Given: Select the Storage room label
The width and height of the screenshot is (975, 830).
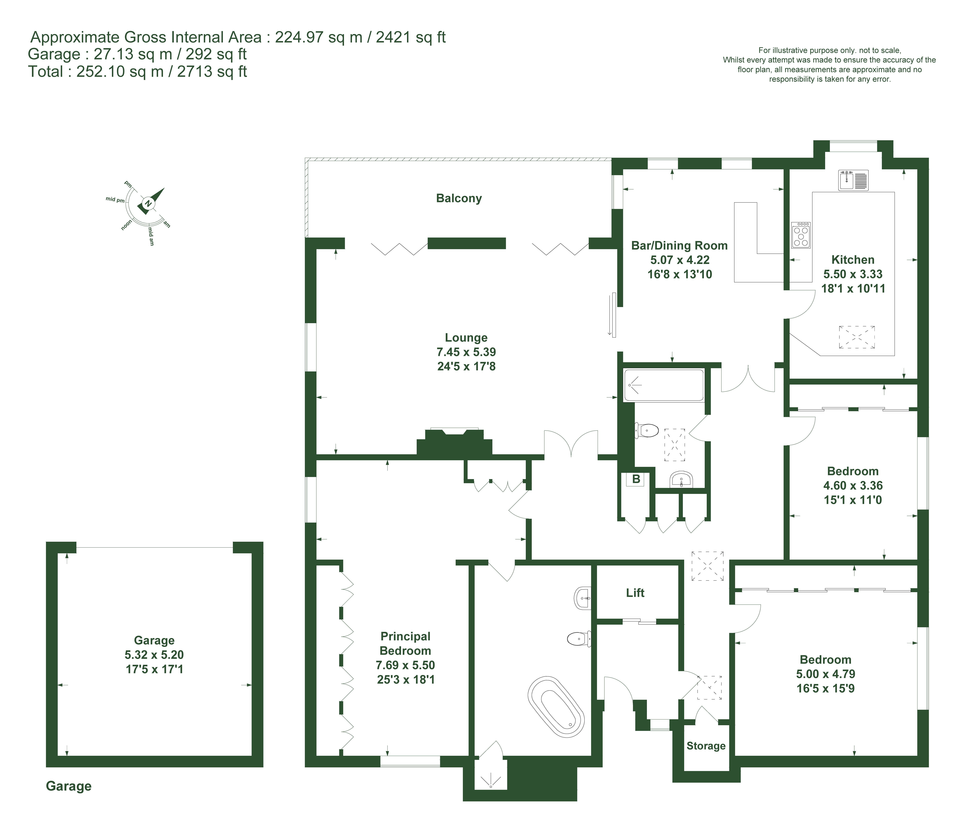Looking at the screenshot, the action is tap(706, 746).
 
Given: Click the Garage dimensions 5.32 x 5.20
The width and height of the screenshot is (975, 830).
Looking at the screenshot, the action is tap(154, 655).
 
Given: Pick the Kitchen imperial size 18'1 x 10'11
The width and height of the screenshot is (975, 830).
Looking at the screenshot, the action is tap(853, 288).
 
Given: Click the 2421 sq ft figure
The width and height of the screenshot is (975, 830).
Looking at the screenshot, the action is tap(410, 37).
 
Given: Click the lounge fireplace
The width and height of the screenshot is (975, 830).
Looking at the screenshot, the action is tap(454, 442).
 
